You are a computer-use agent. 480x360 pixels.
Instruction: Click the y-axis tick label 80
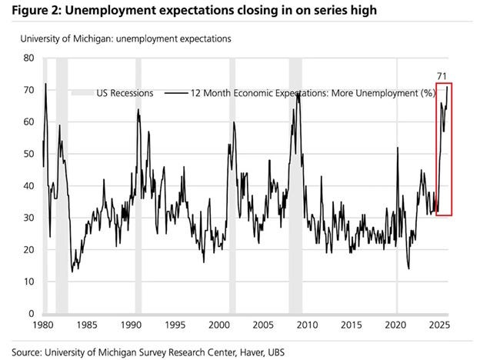[28, 58]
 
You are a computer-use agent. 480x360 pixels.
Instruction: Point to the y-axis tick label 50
[28, 154]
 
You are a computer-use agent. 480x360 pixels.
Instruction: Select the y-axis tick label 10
[28, 282]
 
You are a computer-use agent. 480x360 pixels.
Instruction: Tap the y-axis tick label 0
[31, 314]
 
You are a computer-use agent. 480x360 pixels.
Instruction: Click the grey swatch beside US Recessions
[80, 93]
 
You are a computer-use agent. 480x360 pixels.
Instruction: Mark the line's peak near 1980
[46, 84]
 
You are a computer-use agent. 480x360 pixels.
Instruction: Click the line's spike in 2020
[397, 148]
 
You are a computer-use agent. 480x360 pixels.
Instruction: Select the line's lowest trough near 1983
[72, 272]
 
